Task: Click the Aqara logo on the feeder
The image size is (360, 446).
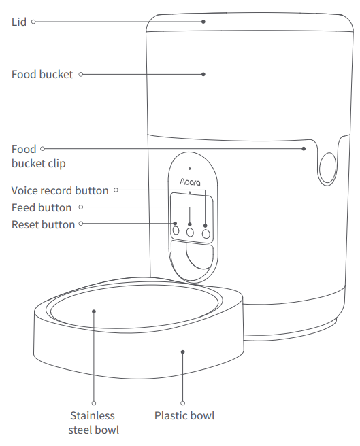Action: [190, 182]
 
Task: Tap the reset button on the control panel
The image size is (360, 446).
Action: [176, 231]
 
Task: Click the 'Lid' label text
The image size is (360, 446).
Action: [19, 22]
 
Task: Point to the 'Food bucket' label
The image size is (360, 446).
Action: [42, 74]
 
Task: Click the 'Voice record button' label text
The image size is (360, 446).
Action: [60, 190]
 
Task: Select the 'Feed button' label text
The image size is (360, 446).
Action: [42, 207]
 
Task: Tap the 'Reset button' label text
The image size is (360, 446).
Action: [43, 224]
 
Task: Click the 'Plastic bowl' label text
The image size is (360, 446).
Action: [184, 415]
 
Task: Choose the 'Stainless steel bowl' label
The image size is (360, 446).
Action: [93, 422]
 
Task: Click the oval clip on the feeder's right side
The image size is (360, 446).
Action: [327, 165]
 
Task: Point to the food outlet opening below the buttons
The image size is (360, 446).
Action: [193, 261]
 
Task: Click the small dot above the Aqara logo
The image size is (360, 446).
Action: [190, 167]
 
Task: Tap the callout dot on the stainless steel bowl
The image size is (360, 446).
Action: [94, 311]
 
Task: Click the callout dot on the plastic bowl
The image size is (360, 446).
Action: [183, 351]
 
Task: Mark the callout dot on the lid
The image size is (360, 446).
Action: [203, 22]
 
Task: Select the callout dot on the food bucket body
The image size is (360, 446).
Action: [203, 74]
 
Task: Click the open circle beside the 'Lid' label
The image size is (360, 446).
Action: [33, 22]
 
